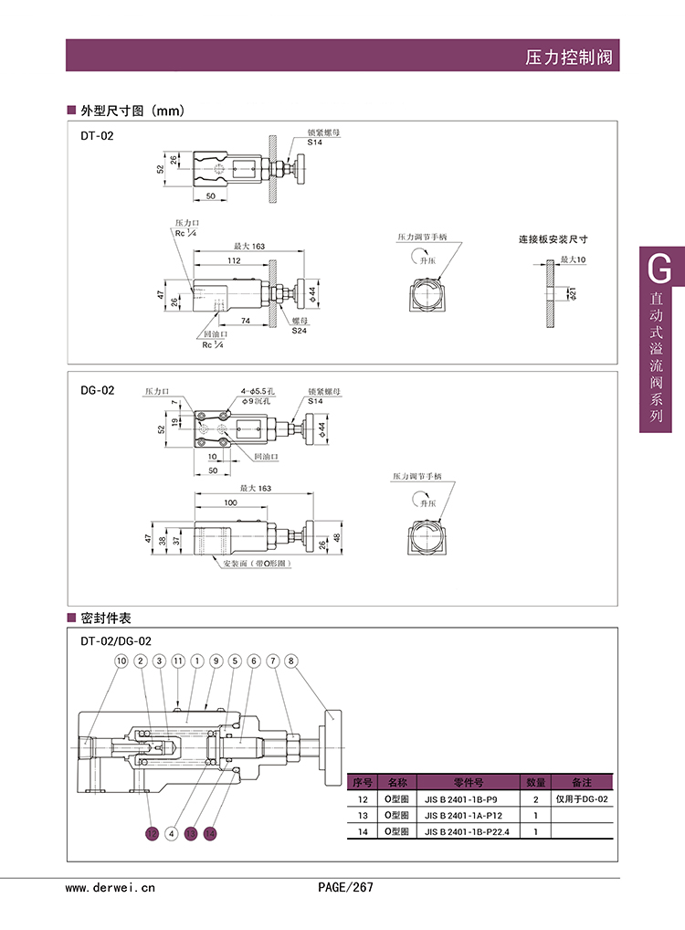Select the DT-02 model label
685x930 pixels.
(x=96, y=135)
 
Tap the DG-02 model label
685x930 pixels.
(x=97, y=390)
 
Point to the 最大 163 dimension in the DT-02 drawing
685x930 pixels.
(x=248, y=247)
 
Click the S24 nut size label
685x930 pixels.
(x=299, y=329)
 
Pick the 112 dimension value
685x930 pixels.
(x=234, y=260)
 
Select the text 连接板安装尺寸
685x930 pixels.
(x=553, y=239)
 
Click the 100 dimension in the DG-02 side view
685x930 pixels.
(x=229, y=503)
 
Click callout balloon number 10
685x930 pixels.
(x=121, y=661)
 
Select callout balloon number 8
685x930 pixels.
(x=290, y=661)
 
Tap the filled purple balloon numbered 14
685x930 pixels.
(x=211, y=833)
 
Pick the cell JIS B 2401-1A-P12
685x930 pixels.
(x=466, y=815)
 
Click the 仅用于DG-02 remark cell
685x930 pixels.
(x=582, y=799)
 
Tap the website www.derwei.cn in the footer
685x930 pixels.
(x=111, y=886)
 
